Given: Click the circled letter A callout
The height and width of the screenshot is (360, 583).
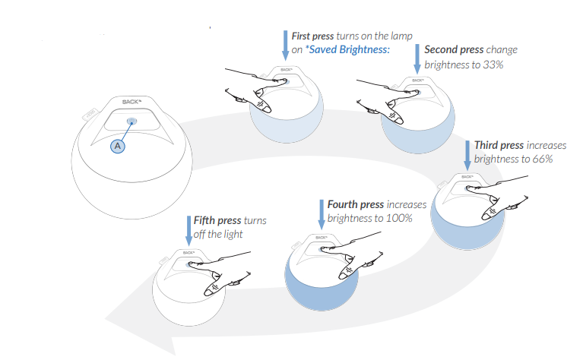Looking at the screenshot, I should [x=118, y=145].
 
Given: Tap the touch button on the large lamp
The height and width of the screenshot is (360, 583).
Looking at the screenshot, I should [x=132, y=120].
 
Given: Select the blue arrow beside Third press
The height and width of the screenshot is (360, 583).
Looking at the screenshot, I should [x=467, y=153].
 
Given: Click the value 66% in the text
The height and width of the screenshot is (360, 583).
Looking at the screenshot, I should [x=540, y=159].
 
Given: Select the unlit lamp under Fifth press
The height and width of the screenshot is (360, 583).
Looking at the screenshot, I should [x=189, y=289].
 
